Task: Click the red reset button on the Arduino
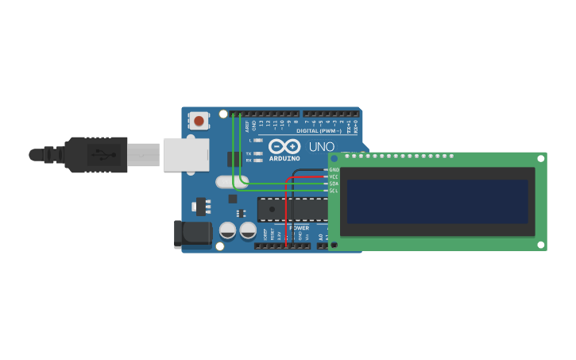tap(199, 121)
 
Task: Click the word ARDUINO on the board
tap(284, 158)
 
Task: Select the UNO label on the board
tap(321, 147)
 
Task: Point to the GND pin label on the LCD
tap(334, 169)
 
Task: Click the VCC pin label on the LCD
tap(334, 176)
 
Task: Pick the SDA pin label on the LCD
tap(334, 184)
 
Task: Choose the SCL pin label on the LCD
tap(334, 191)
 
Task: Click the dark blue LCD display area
tap(437, 201)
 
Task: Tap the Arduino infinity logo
tap(284, 146)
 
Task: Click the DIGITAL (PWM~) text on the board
tap(318, 130)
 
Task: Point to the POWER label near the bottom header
tap(300, 228)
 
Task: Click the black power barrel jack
tap(191, 233)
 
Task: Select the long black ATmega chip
tap(292, 208)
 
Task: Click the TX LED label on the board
tap(249, 153)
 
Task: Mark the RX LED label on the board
tap(249, 161)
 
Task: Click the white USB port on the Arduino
tap(186, 155)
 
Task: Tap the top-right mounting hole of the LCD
tap(541, 158)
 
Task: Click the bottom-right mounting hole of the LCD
tap(541, 244)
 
